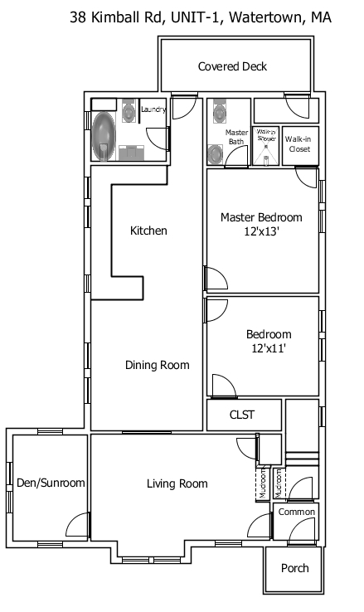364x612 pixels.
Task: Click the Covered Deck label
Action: (x=232, y=67)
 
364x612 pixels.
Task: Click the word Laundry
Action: (x=153, y=109)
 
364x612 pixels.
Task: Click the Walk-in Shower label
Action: (x=265, y=134)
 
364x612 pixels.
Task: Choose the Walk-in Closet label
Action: (x=298, y=143)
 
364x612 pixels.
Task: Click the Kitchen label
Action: (x=149, y=231)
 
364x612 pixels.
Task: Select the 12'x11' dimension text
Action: (x=269, y=349)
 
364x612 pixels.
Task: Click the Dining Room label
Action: (x=158, y=365)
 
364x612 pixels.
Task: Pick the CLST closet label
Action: (x=242, y=415)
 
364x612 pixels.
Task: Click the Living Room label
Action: (x=177, y=483)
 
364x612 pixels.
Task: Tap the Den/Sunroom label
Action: (x=51, y=483)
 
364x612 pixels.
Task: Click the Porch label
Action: (x=295, y=568)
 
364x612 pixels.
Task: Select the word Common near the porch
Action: (x=296, y=512)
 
